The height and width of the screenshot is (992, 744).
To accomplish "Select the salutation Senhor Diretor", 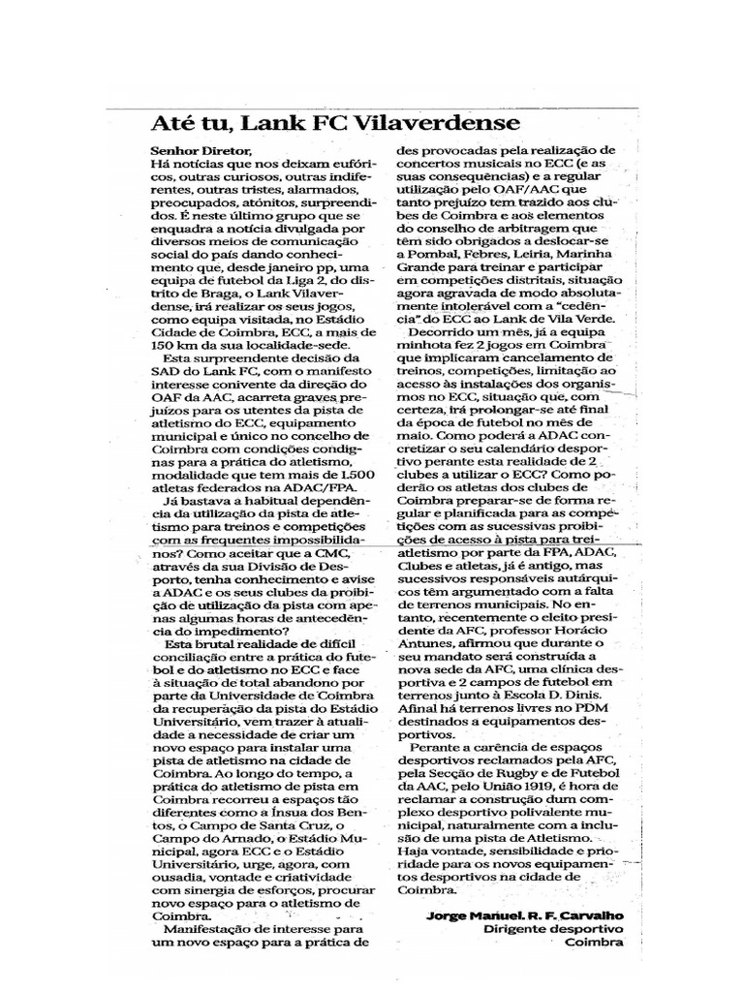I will click(201, 151).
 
